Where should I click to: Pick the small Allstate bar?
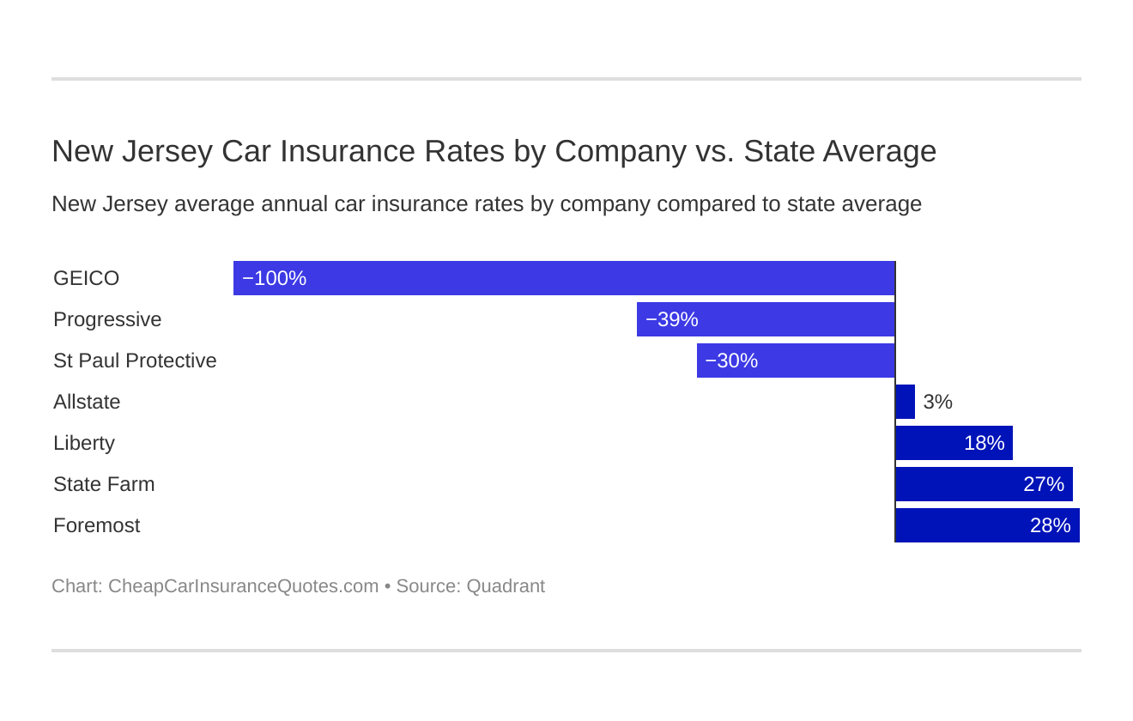pyautogui.click(x=906, y=402)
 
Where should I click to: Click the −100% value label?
pyautogui.click(x=274, y=278)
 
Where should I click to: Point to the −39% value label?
pyautogui.click(x=671, y=319)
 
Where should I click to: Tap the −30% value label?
pyautogui.click(x=731, y=360)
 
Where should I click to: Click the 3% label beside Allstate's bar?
pyautogui.click(x=937, y=402)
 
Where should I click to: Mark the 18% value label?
pyautogui.click(x=984, y=443)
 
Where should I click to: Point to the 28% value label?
pyautogui.click(x=1050, y=525)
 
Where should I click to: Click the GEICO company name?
pyautogui.click(x=86, y=278)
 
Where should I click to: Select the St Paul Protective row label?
pyautogui.click(x=135, y=360)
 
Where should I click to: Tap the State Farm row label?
pyautogui.click(x=104, y=484)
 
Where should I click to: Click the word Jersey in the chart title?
pyautogui.click(x=167, y=151)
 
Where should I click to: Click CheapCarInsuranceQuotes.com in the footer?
pyautogui.click(x=243, y=586)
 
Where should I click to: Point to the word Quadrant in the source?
pyautogui.click(x=506, y=586)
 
